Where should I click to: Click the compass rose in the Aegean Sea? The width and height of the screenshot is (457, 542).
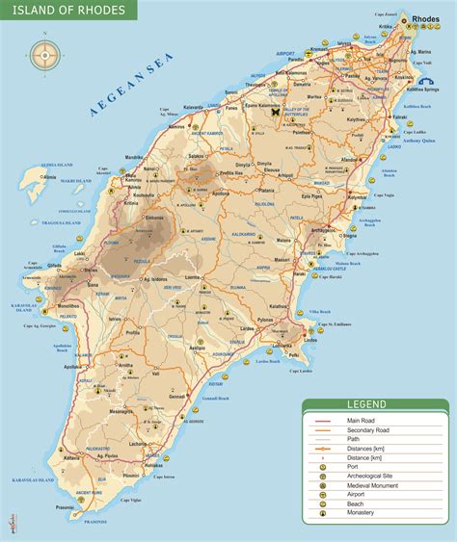point(43,54)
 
